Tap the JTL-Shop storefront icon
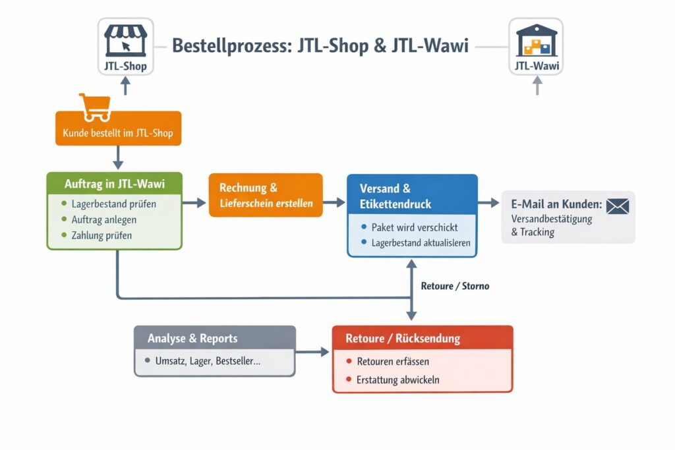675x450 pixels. pos(125,41)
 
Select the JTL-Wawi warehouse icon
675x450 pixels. pos(537,40)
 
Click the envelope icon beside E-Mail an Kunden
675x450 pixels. pos(618,206)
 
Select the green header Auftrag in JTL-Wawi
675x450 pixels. pos(114,183)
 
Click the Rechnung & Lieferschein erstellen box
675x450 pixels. pos(266,196)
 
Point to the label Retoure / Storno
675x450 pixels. pos(455,286)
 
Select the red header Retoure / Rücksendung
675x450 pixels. pos(403,339)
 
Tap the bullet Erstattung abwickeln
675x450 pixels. pos(397,380)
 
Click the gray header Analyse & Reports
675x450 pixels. pos(192,339)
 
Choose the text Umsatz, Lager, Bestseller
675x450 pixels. pos(208,362)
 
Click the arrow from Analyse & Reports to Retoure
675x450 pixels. pos(313,352)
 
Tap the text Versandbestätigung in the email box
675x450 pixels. pos(552,219)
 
